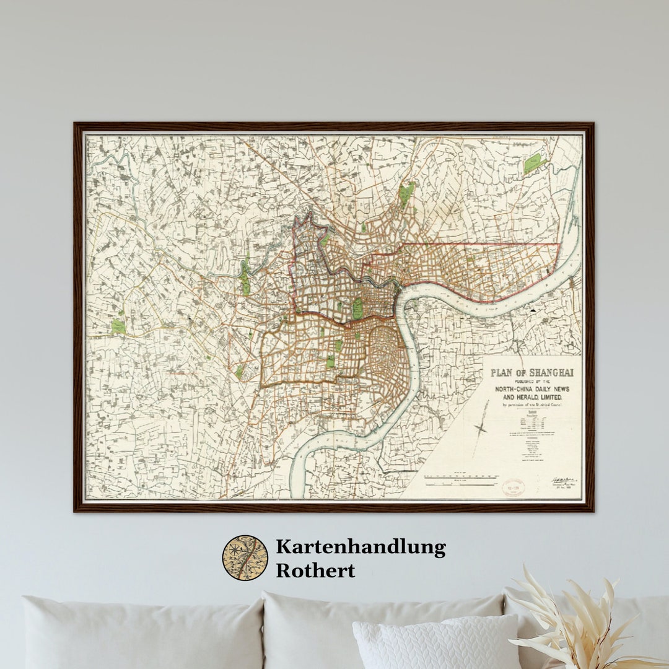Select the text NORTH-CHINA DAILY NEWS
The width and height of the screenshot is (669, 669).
[x=532, y=388]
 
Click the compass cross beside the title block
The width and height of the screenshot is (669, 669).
[x=481, y=427]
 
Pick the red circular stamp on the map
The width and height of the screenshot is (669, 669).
[x=513, y=487]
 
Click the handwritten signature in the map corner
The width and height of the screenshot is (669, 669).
[x=564, y=481]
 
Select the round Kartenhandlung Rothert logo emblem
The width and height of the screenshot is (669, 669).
[x=245, y=557]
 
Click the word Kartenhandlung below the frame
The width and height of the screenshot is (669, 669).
[x=361, y=548]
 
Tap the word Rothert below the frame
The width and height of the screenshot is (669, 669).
[x=315, y=571]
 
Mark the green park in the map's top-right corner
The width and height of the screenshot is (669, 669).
[x=533, y=163]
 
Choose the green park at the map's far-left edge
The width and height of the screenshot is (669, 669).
[x=118, y=326]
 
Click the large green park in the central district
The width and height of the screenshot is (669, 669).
[x=357, y=308]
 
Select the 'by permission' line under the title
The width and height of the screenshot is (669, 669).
[x=532, y=405]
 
